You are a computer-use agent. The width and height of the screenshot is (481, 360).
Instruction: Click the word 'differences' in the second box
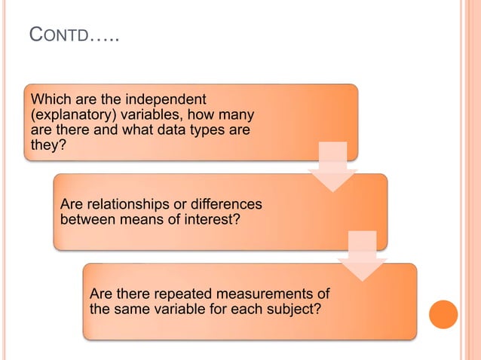(x=226, y=205)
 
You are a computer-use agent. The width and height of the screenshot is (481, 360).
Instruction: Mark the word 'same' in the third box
(x=128, y=308)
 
